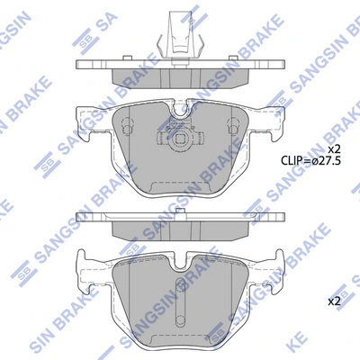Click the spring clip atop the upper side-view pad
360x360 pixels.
click(179, 34)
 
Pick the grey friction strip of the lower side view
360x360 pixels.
click(180, 227)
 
